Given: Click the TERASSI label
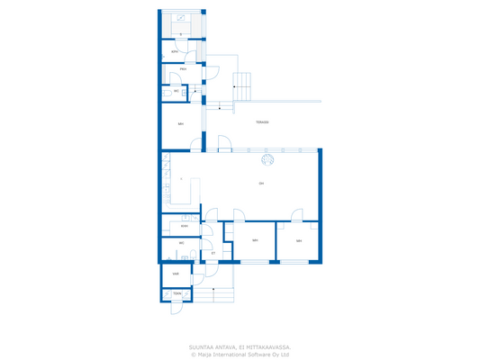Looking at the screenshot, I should point(262,122).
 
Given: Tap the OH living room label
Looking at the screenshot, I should point(261,184).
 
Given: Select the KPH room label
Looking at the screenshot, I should point(175,52).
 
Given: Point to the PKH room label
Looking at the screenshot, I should point(183,69).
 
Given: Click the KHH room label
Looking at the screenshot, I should point(184,227).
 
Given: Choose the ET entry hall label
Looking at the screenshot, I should point(213,254).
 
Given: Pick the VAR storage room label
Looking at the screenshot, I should point(176,274).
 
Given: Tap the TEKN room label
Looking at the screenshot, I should point(177,293).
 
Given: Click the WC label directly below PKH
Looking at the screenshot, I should point(177,91).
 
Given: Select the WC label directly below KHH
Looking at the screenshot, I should point(181,243).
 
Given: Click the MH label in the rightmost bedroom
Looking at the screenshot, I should point(299,241).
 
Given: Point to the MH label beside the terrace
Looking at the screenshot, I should point(181,124).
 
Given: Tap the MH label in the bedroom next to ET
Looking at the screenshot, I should point(255,240).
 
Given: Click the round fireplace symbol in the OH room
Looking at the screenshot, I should point(267,160).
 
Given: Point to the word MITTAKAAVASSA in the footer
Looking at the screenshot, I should point(269,346).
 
